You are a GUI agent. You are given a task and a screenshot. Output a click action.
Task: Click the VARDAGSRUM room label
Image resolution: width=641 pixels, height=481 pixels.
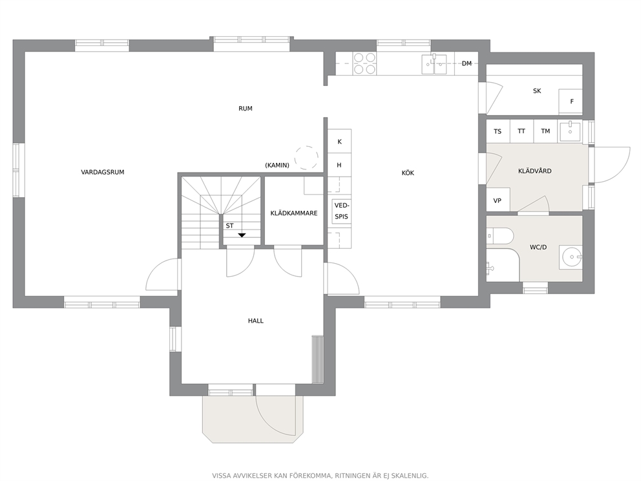103,172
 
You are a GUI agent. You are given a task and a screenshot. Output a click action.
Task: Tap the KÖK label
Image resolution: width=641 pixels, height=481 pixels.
408,173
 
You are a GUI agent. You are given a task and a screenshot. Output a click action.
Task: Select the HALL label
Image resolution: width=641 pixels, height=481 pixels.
255,321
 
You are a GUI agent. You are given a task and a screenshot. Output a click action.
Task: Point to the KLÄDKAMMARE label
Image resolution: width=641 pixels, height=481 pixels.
294,213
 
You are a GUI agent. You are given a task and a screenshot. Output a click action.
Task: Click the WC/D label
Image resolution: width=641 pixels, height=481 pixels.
538,247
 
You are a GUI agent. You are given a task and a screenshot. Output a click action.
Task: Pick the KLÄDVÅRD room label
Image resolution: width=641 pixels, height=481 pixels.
535,171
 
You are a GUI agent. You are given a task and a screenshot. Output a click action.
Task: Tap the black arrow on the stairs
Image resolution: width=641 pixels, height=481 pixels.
242,235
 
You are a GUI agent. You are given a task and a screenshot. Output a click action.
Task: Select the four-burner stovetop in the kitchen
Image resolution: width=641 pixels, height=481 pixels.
364,63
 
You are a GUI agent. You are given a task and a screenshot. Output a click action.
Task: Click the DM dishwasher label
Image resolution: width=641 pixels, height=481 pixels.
467,63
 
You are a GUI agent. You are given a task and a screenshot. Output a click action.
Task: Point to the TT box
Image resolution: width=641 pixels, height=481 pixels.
521,131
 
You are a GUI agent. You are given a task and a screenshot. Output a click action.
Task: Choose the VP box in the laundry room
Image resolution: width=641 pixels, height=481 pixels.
498,200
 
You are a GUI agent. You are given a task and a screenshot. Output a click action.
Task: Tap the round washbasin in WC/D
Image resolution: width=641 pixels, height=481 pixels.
571,257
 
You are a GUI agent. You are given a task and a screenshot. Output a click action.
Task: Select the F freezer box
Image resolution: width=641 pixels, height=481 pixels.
571,102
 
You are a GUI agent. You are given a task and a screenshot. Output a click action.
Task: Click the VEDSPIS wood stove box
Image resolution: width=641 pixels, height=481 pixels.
341,211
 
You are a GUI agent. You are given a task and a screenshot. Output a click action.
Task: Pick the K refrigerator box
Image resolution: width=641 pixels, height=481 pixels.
339,142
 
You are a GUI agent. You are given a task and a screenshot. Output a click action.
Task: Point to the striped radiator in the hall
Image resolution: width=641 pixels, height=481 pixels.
318,359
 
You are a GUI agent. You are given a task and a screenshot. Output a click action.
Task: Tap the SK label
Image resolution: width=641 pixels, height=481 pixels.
537,91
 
